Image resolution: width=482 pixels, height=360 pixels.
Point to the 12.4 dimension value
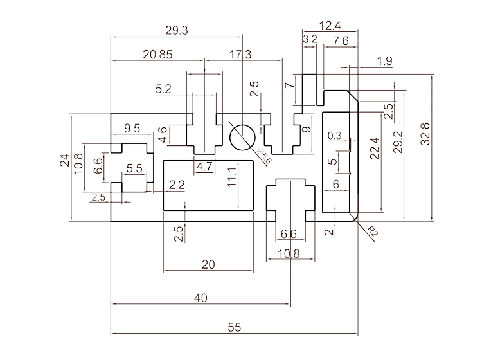(x=329, y=26)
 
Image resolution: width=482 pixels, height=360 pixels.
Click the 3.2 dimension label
(x=310, y=40)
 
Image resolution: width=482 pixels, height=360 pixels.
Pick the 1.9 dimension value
(x=385, y=61)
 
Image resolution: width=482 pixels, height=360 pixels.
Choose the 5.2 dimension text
(x=164, y=89)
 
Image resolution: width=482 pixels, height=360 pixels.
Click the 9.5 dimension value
(x=132, y=127)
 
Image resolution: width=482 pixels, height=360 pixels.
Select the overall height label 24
(x=64, y=161)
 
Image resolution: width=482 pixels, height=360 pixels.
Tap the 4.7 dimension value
(x=204, y=166)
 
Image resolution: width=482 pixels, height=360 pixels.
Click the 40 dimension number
(x=201, y=298)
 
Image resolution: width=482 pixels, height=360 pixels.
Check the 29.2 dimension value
(x=398, y=142)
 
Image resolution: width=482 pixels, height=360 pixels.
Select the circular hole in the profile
(x=242, y=136)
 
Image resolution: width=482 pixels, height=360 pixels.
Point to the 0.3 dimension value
(x=335, y=136)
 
